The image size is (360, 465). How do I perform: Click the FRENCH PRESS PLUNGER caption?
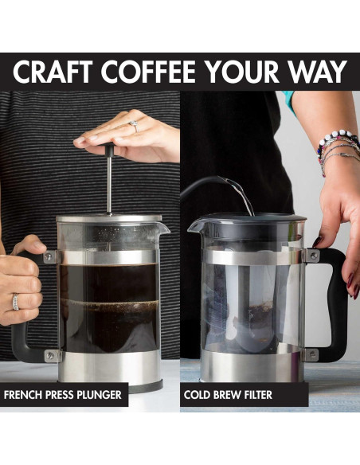(x=63, y=395)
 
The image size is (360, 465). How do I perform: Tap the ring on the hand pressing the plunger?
(x=133, y=126)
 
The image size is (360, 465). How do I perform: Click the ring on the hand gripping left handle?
(x=15, y=302)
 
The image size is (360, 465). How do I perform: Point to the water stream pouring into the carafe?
(x=242, y=195)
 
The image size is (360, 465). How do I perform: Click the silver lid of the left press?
(x=109, y=218)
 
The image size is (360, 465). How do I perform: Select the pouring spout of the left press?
(x=163, y=229)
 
